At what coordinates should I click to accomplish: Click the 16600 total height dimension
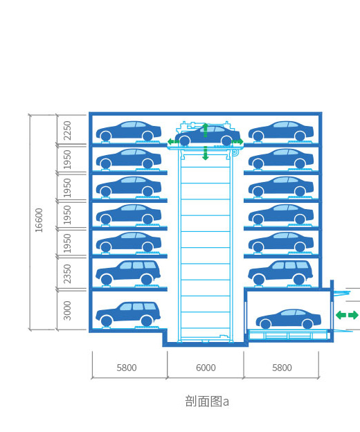pos(39,220)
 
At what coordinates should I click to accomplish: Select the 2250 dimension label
pos(67,131)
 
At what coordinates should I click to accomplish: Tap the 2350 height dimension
pos(67,273)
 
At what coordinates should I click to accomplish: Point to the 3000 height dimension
pos(67,310)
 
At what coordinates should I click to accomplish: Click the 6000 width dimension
pos(206,368)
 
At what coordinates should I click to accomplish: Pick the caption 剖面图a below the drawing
pos(207,401)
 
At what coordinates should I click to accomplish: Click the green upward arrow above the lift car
pos(205,130)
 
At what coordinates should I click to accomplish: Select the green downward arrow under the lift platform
pos(205,153)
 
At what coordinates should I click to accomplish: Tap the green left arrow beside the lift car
pos(173,142)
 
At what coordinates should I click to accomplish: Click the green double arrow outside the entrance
pos(347,315)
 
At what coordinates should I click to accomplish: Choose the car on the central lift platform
pos(208,136)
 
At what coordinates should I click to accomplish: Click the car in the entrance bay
pos(289,318)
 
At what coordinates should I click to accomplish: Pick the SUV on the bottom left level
pos(128,314)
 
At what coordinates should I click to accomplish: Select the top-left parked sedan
pos(129,131)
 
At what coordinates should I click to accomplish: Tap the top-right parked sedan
pos(281,131)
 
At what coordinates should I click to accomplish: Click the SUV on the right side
pos(280,273)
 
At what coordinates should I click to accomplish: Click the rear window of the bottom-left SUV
pos(150,307)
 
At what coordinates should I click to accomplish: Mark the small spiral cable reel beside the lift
pos(235,152)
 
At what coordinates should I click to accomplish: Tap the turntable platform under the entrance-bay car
pos(289,334)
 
